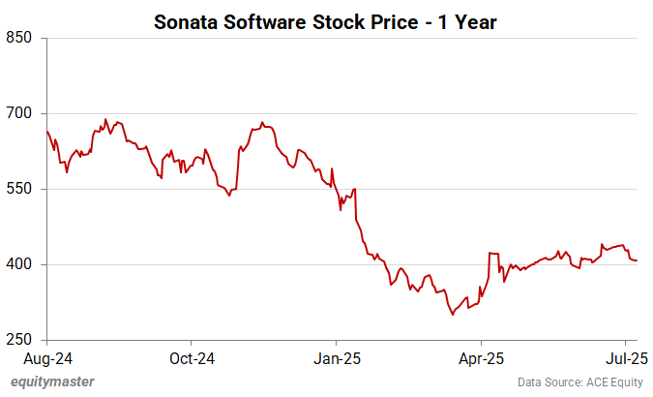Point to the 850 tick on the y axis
pyautogui.click(x=19, y=38)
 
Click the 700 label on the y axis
pyautogui.click(x=19, y=113)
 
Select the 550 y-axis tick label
pyautogui.click(x=19, y=189)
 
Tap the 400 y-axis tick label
pyautogui.click(x=19, y=264)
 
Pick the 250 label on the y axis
pyautogui.click(x=19, y=340)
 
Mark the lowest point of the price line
pyautogui.click(x=452, y=315)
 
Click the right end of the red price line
pyautogui.click(x=637, y=260)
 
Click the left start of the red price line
pyautogui.click(x=46, y=131)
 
